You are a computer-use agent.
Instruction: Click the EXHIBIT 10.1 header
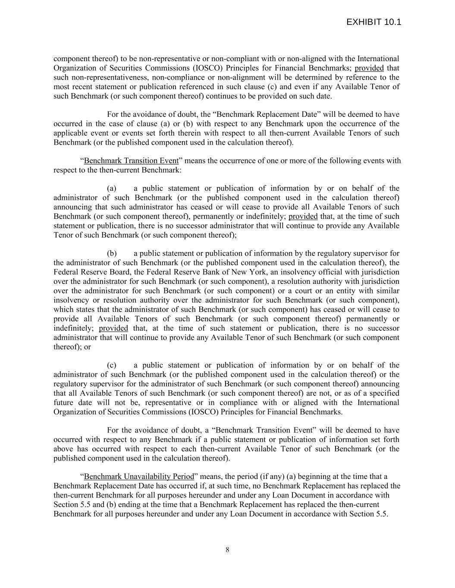tap(373, 22)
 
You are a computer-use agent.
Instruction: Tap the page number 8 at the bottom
tap(227, 550)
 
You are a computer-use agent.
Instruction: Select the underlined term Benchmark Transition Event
tap(131, 161)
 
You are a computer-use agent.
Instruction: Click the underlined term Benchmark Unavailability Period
tap(139, 476)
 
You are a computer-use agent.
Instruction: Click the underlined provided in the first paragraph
tap(369, 68)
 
